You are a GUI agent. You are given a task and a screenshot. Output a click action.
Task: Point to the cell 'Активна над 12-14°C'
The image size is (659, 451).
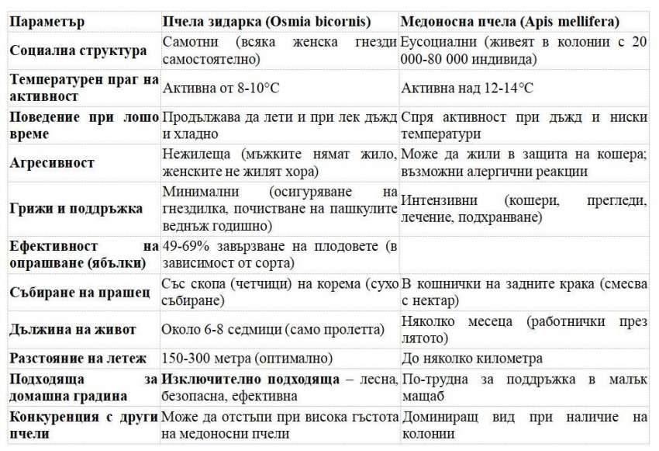[468, 88]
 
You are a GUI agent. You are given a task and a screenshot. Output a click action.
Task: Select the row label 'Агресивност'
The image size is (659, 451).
[53, 163]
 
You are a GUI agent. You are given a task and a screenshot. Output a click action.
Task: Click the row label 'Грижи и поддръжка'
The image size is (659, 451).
[76, 209]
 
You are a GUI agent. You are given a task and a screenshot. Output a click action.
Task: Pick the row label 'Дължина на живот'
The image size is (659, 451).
[74, 330]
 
